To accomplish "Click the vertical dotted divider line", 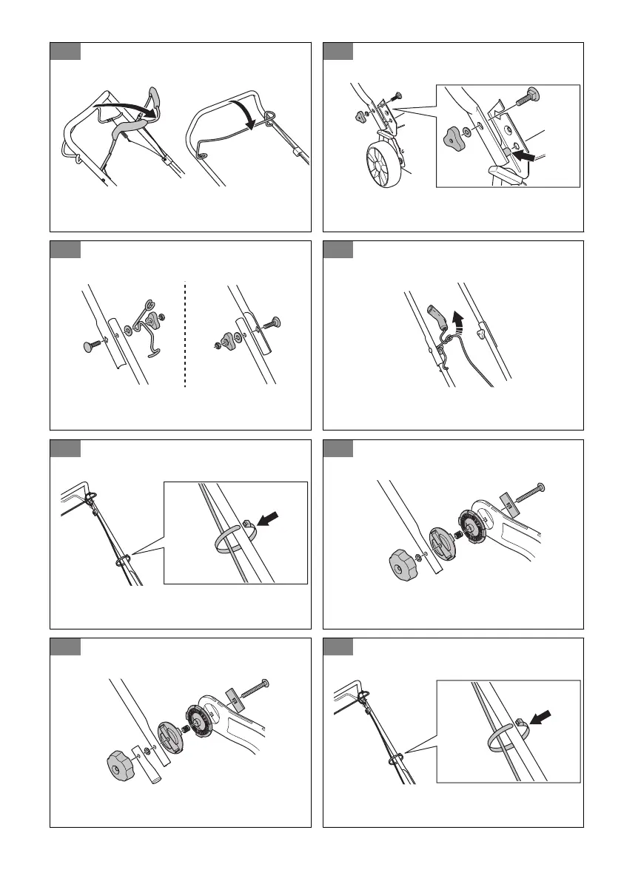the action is [x=184, y=333].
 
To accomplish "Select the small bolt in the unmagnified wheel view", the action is [x=397, y=95].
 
